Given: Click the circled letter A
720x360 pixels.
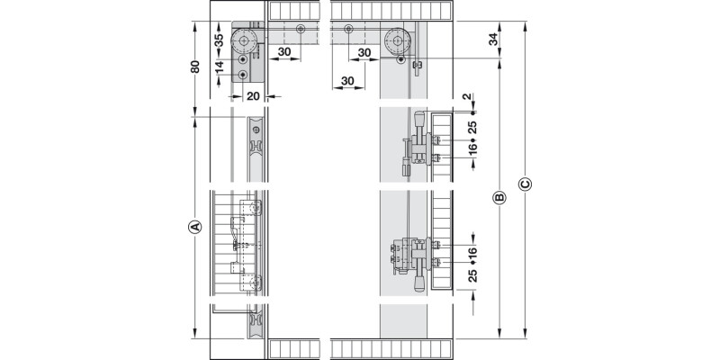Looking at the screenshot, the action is (195, 227).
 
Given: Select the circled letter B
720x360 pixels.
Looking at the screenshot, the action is (499, 198).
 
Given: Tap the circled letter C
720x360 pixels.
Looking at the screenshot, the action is (525, 184).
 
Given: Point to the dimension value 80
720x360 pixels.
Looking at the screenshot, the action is (195, 67).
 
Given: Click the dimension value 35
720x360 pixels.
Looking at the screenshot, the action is (219, 40).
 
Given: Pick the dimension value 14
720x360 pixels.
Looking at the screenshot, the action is (219, 67).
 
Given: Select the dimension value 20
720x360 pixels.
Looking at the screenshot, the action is (253, 96).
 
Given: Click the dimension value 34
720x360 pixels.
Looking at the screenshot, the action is (493, 40).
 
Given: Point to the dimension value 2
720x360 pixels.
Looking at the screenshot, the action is (467, 96).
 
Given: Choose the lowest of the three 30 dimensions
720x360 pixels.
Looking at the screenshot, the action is (347, 81).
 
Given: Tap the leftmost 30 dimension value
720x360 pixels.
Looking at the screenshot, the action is (284, 52).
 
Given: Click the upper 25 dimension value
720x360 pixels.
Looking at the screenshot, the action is (473, 127).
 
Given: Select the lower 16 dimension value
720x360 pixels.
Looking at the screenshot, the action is (473, 252).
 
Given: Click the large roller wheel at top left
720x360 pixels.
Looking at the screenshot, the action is (243, 41).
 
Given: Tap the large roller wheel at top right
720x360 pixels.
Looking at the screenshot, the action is (397, 41).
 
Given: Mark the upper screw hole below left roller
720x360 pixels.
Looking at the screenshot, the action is (243, 60).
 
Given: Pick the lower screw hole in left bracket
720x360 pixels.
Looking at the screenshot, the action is (243, 75).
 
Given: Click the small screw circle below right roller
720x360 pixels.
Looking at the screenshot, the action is (401, 59).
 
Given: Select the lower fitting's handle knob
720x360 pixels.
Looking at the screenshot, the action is (419, 283).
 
